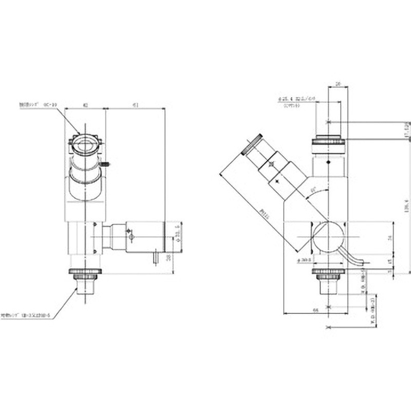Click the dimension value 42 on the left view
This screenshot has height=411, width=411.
[x=85, y=105]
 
